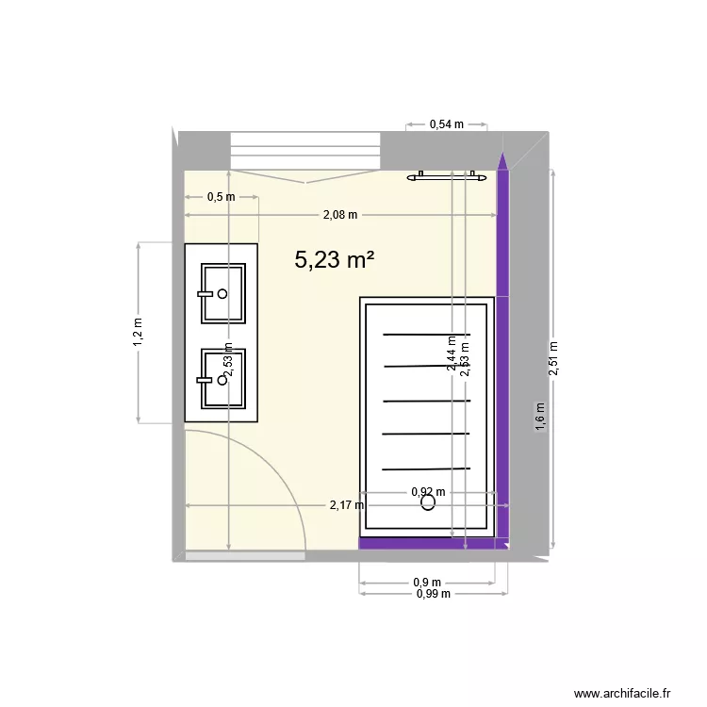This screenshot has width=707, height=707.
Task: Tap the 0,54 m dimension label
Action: point(446,123)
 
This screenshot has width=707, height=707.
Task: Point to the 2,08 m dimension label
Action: point(340,215)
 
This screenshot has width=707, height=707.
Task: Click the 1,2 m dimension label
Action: point(138,333)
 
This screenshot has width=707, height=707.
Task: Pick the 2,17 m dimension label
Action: point(347,505)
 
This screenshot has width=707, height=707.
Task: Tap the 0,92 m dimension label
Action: point(428,491)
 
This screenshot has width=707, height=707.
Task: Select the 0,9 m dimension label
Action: point(428,583)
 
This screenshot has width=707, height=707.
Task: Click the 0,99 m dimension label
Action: point(433,594)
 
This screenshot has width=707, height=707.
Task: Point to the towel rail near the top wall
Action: point(447,176)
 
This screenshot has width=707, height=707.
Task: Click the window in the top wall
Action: point(305,150)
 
